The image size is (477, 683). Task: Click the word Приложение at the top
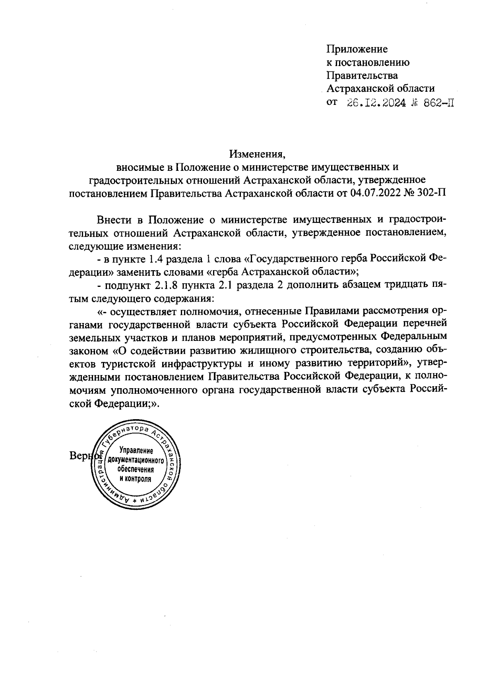click(357, 49)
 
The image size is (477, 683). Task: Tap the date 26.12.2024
click(376, 103)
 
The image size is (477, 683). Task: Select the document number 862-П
click(437, 103)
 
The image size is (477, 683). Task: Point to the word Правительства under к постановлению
click(362, 75)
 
